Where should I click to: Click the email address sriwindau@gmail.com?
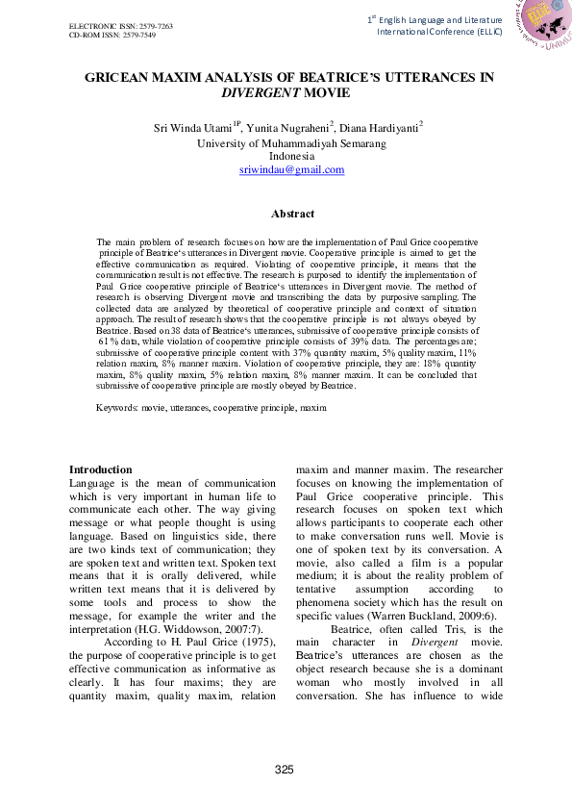coord(291,169)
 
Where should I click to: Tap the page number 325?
coord(284,770)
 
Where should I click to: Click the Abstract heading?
coord(292,214)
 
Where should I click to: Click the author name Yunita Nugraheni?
coord(288,129)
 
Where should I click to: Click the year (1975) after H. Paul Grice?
coord(226,641)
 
